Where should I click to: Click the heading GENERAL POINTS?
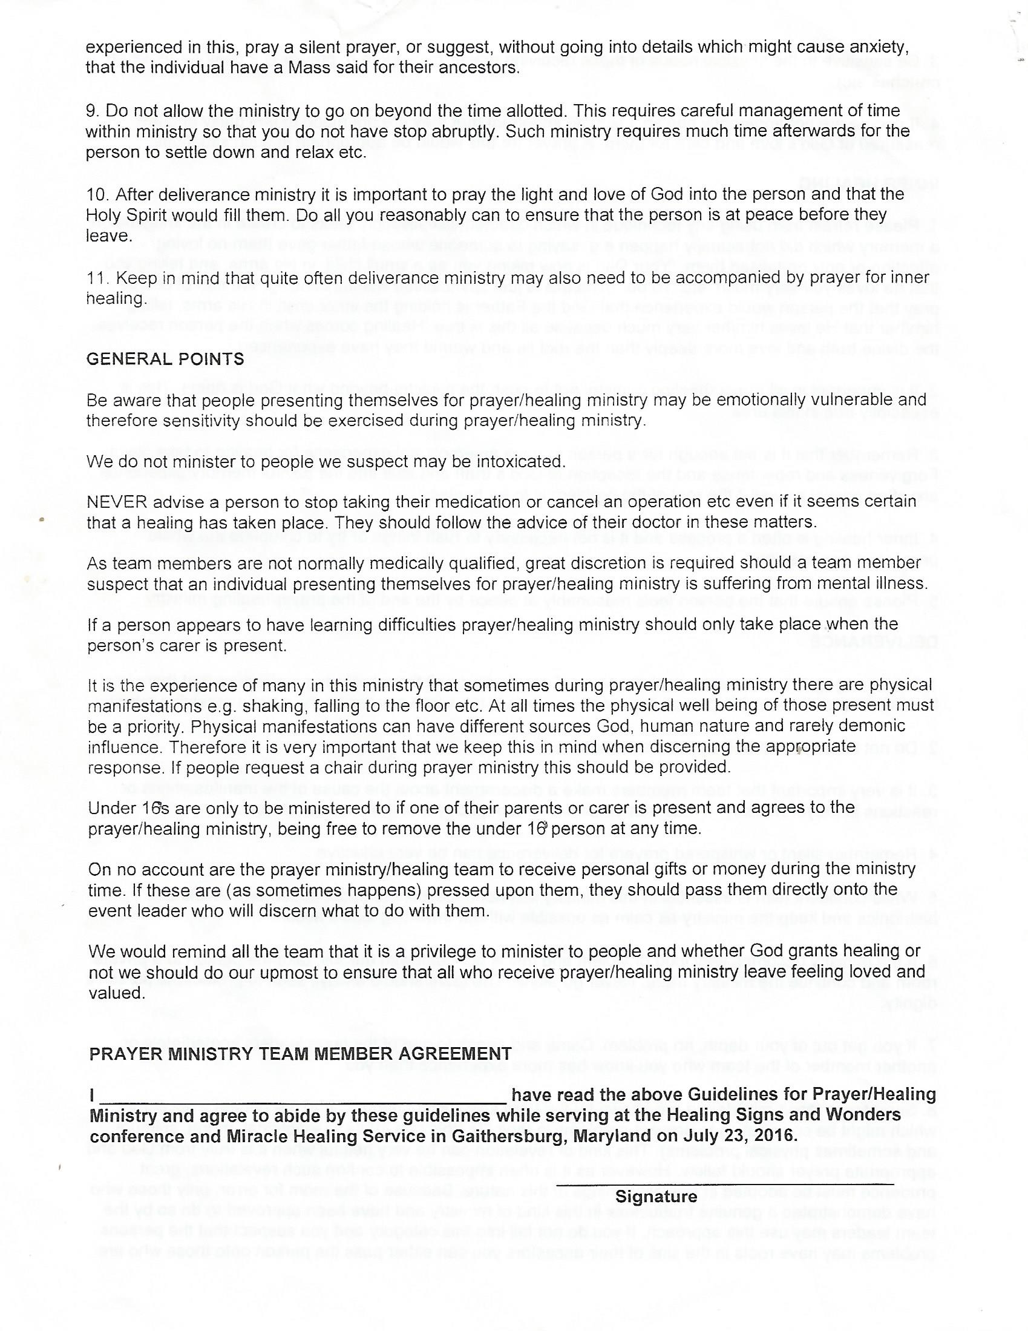tap(165, 359)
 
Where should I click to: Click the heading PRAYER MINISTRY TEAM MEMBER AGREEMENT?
tap(301, 1054)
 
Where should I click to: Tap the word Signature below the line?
tap(656, 1196)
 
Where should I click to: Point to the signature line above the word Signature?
tap(725, 1183)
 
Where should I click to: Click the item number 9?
tap(91, 111)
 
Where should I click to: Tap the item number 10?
tap(96, 194)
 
